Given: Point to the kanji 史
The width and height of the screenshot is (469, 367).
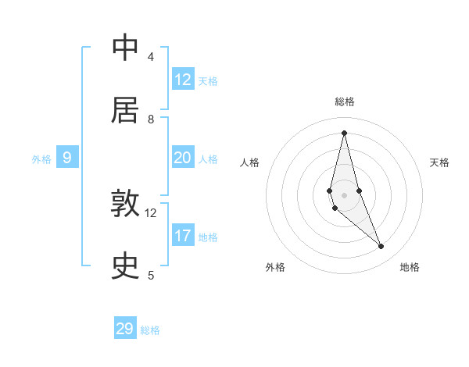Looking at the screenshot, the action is coord(125,265).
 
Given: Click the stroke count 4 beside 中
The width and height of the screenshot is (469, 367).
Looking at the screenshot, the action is coord(151,57).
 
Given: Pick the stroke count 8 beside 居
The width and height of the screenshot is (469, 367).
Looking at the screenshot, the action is coord(151,119).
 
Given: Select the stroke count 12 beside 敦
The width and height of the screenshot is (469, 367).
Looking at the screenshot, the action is coord(151,212).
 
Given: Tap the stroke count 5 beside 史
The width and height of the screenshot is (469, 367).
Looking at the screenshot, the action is coord(151,275).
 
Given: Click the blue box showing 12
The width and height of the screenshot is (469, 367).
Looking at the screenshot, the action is coord(183,80).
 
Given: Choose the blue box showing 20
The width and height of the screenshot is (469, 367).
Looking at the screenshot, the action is coord(183,158).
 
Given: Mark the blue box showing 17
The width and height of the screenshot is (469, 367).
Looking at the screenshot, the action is coord(183,236).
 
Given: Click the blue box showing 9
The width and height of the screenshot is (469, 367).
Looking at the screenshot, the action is coord(67,158).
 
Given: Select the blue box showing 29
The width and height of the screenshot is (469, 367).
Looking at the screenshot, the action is coord(125,329).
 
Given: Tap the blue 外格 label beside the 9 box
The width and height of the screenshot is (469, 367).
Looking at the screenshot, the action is coord(41,159).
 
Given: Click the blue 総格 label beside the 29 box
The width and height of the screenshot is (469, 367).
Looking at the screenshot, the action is coord(150,330).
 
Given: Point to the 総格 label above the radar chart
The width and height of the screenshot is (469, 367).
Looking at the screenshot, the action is coord(344,102).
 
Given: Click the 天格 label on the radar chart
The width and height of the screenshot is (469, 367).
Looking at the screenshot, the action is coord(439,162).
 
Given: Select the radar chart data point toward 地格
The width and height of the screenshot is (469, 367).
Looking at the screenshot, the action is coord(381,247).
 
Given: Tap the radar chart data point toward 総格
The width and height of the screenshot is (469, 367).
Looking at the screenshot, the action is coord(344,132).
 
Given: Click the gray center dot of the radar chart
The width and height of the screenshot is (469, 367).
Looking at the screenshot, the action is coord(344,194).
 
